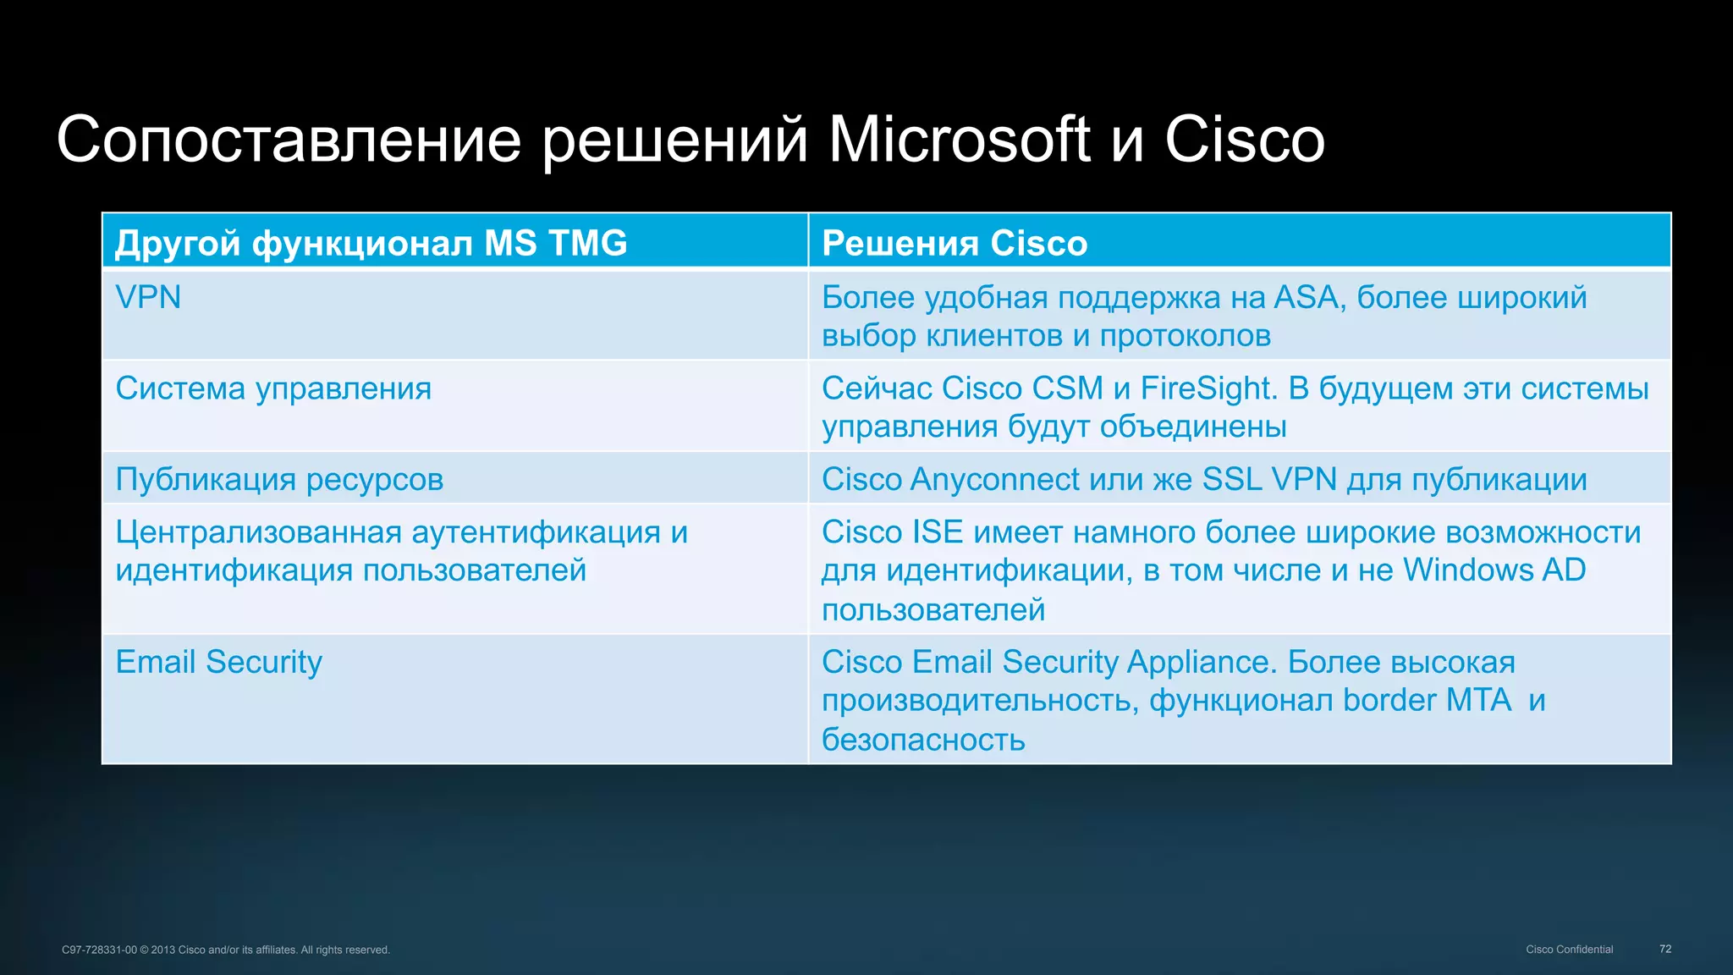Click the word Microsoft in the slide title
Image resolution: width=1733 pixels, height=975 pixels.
click(x=959, y=140)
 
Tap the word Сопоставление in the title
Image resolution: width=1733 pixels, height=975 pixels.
click(x=289, y=140)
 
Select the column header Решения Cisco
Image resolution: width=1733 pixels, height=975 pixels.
click(x=954, y=244)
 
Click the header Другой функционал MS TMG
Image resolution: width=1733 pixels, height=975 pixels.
click(x=371, y=244)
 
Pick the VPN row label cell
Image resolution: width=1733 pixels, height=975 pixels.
click(x=148, y=298)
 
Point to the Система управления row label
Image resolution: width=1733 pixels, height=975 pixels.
click(x=273, y=388)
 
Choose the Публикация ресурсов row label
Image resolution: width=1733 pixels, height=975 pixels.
click(x=279, y=480)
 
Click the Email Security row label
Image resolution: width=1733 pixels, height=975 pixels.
click(x=218, y=662)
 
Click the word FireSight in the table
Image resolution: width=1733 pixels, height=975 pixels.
click(x=1208, y=388)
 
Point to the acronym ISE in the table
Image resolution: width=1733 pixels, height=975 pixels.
click(x=938, y=532)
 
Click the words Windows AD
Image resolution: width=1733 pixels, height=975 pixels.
click(x=1494, y=570)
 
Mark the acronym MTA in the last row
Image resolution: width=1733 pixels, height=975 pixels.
click(x=1478, y=701)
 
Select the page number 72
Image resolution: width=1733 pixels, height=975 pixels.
click(x=1665, y=950)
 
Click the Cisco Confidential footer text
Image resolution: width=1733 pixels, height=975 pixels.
click(x=1569, y=950)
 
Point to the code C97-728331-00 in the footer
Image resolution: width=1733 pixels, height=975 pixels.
click(x=99, y=950)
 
